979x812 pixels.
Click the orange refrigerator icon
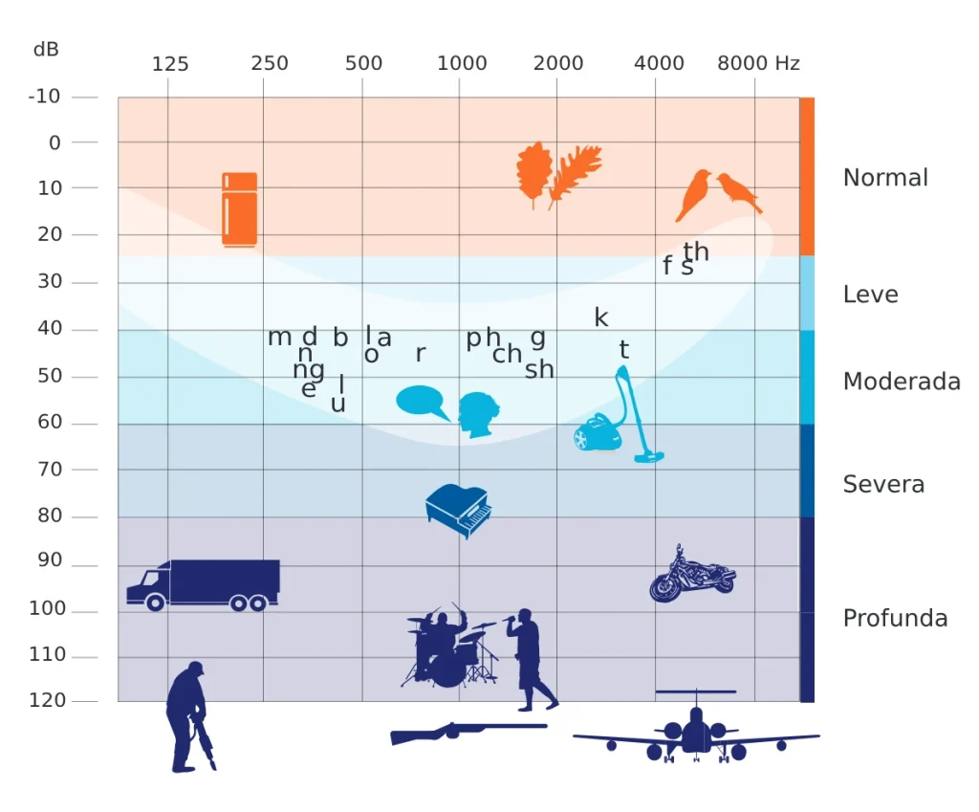239,208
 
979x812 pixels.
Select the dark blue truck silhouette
204,584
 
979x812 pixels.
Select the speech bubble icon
422,401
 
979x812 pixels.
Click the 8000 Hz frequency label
758,63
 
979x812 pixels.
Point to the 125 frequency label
170,64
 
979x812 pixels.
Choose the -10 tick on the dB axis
45,97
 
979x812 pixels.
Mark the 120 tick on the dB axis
48,700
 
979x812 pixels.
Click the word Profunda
895,618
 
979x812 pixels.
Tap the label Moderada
901,382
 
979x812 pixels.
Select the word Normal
885,178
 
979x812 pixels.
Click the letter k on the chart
600,318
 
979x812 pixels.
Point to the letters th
696,252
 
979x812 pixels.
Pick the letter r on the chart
420,354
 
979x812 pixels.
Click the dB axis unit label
46,49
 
